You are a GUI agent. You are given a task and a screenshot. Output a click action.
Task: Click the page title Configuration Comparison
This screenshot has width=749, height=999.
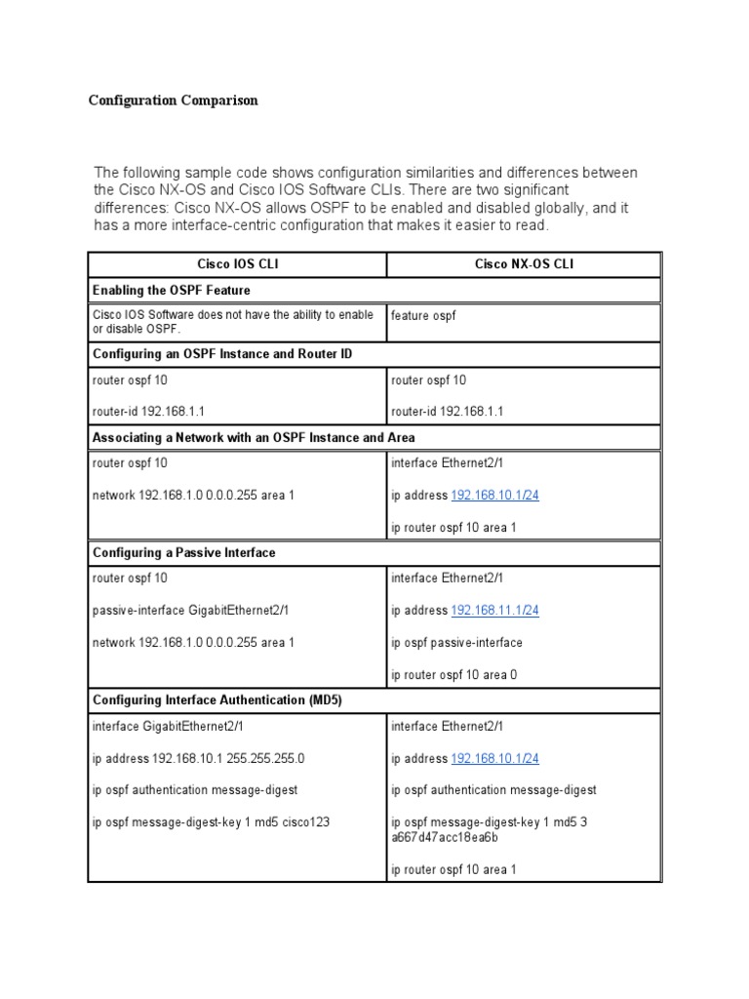coord(174,100)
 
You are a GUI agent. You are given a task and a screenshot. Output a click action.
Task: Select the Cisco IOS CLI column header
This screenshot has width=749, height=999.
coord(237,264)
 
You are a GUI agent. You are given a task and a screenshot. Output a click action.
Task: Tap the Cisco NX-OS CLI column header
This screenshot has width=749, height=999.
coord(524,264)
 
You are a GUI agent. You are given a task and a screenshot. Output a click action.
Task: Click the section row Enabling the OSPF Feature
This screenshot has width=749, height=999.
coord(172,290)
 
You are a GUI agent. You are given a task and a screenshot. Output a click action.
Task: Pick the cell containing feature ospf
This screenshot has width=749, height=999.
coord(423,315)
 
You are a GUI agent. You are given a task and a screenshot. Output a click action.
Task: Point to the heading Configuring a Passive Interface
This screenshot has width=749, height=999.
coord(184,552)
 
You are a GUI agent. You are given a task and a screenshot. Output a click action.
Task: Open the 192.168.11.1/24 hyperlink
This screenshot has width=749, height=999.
coord(494,611)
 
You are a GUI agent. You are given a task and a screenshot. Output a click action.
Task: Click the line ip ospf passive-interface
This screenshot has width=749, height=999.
coord(456,642)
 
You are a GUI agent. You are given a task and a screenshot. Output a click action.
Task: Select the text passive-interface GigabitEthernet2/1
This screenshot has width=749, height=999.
coord(191,611)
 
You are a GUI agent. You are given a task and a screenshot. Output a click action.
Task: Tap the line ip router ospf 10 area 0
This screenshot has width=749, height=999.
coord(453,674)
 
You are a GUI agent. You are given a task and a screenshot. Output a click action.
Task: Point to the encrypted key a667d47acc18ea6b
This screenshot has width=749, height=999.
coord(445,837)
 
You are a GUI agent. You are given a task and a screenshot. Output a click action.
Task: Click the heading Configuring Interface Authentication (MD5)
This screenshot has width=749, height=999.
coord(217,700)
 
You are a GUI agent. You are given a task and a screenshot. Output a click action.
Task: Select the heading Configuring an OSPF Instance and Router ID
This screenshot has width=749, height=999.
coord(222,353)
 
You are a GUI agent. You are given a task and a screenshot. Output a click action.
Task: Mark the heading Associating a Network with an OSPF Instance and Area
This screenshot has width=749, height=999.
coord(254,437)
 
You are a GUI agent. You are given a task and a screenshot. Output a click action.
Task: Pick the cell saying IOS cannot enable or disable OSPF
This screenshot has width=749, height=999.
coord(233,321)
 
